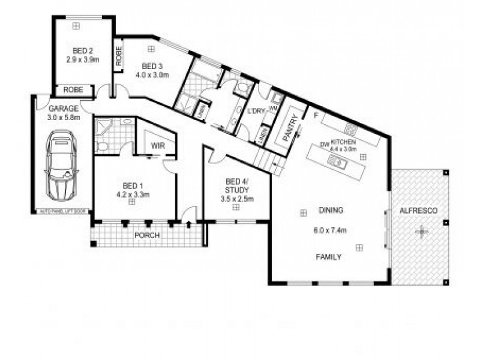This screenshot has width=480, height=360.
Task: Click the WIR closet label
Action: tap(158, 146)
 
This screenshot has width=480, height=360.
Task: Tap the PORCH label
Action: tap(148, 235)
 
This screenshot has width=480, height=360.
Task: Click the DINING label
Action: tap(331, 211)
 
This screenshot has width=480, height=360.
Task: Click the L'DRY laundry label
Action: tap(256, 112)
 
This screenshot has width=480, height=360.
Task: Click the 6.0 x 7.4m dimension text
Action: tap(331, 230)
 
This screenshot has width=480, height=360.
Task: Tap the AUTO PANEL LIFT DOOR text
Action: tap(63, 211)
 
